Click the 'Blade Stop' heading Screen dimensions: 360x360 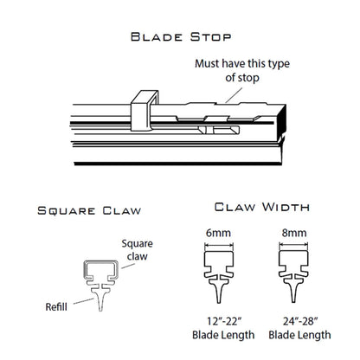click(x=181, y=37)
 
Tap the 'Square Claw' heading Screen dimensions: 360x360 click(x=89, y=210)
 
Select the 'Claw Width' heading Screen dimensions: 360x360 click(x=262, y=207)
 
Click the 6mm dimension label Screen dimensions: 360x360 click(x=218, y=233)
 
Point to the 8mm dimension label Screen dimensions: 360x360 click(x=294, y=233)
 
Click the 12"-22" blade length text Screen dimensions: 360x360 click(x=223, y=328)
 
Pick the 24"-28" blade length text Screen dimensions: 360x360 click(x=299, y=328)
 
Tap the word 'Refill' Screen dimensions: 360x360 click(x=56, y=306)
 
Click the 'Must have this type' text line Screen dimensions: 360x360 click(x=242, y=63)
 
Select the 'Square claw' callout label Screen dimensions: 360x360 click(x=137, y=250)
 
